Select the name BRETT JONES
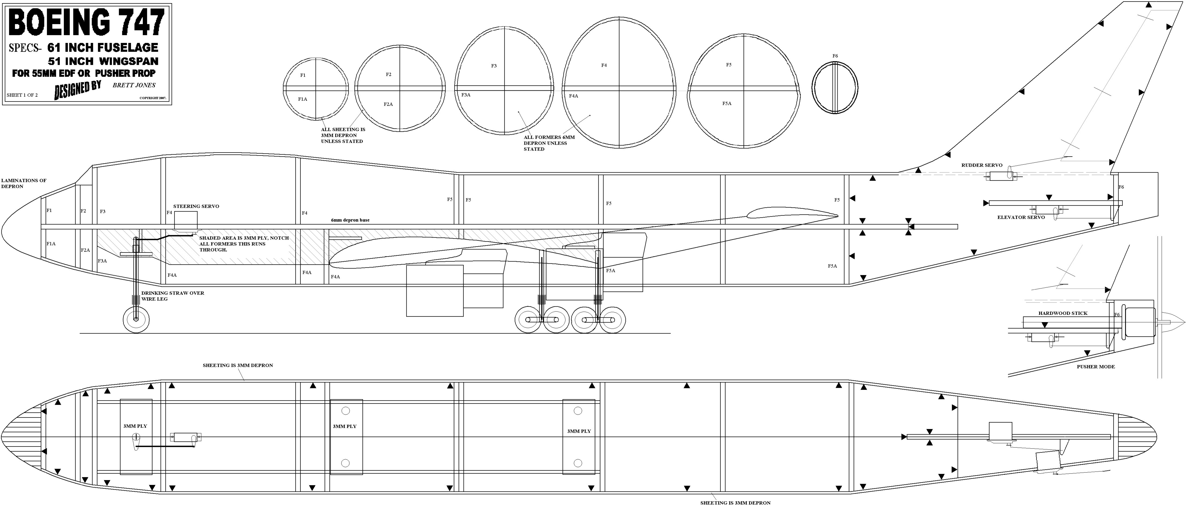click(134, 85)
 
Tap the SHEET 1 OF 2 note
click(22, 95)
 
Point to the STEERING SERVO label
click(196, 206)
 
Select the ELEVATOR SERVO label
click(1021, 217)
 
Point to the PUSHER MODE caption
click(1096, 367)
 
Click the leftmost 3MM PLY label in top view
click(135, 426)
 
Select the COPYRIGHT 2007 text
click(153, 98)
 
